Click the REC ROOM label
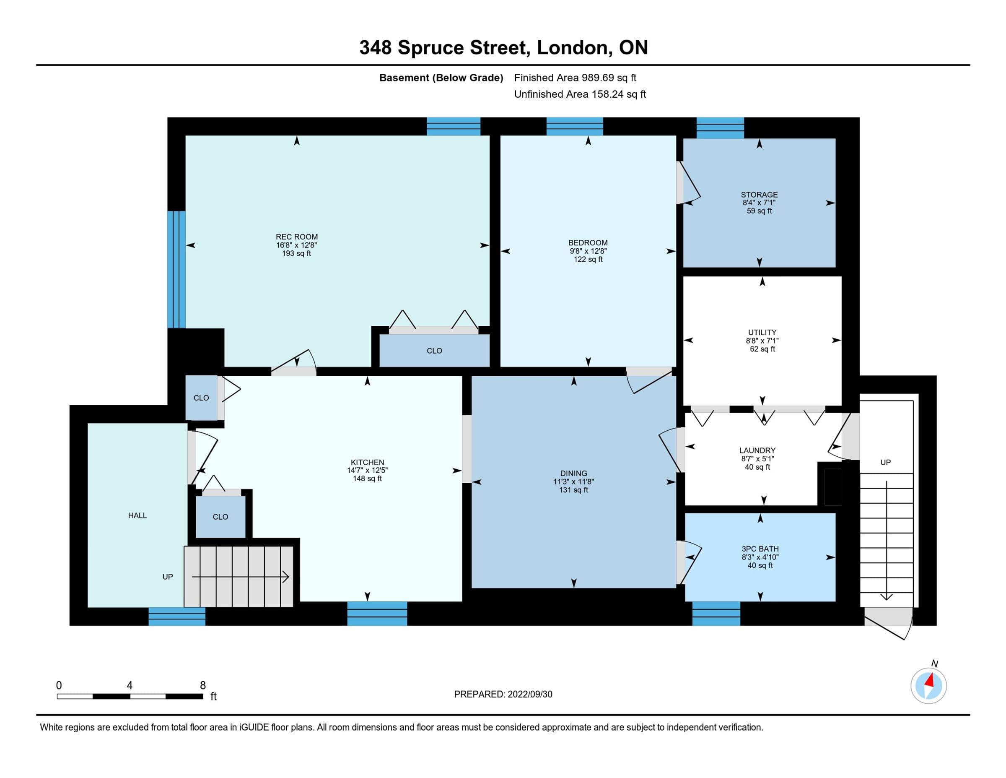[297, 237]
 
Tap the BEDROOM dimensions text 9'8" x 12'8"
[588, 251]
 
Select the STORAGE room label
[759, 195]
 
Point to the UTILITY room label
[762, 332]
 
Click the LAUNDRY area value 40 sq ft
[757, 467]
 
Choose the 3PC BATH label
[760, 549]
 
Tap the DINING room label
[573, 474]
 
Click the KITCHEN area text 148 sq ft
[367, 479]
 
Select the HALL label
[137, 516]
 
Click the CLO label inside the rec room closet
[434, 351]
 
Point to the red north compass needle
[930, 680]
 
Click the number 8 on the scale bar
[203, 685]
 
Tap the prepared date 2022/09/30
[530, 694]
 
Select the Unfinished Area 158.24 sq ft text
[580, 94]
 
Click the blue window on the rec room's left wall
[176, 269]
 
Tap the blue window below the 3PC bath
[716, 614]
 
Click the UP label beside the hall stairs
[168, 577]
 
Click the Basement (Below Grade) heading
[441, 78]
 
